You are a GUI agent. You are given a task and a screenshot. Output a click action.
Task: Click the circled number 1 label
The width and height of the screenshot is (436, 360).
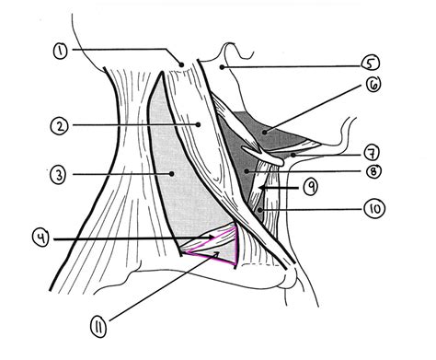pos(60,51)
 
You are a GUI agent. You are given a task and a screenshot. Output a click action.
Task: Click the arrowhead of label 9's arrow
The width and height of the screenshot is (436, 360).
pos(262,187)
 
